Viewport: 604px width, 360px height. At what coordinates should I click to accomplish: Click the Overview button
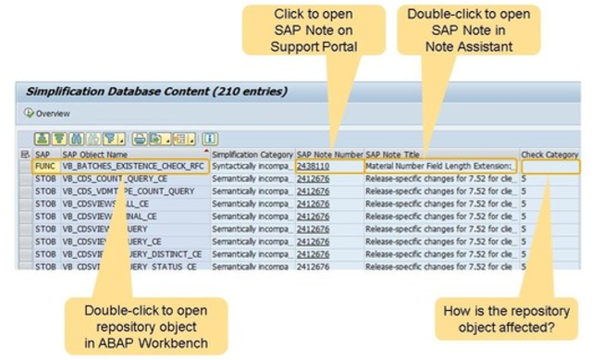pos(40,113)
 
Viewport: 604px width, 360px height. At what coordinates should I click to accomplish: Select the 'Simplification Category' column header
pos(252,154)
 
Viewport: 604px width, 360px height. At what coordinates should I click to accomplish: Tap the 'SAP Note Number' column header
pos(329,154)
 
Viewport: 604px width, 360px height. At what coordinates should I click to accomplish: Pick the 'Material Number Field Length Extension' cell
pos(439,167)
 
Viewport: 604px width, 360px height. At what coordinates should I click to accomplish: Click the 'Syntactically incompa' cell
pos(250,167)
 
